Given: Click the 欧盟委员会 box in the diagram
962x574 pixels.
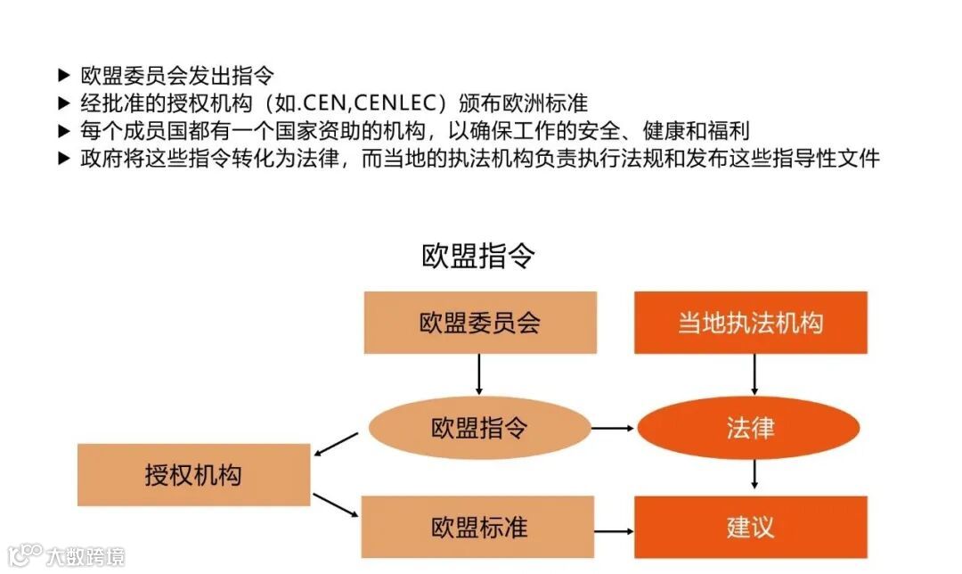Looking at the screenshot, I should click(480, 323).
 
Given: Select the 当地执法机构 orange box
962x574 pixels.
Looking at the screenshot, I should click(750, 323).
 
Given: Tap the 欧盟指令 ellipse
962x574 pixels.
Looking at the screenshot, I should click(480, 428).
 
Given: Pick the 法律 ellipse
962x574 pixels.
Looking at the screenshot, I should click(749, 428).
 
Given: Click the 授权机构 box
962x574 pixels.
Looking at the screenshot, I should click(193, 474).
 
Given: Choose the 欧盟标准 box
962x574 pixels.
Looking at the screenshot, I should click(478, 527).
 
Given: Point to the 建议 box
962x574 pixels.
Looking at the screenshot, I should click(750, 527).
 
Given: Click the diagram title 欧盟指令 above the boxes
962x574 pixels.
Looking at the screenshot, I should click(478, 257).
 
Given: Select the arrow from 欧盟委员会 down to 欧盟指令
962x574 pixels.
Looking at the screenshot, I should click(479, 374).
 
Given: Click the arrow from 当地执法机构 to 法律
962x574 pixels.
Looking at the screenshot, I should click(754, 374).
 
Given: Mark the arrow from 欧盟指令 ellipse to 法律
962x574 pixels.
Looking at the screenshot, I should click(613, 429).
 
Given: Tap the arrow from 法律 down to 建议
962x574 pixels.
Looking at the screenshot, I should click(754, 473).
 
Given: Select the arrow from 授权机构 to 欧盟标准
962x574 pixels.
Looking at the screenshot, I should click(335, 504).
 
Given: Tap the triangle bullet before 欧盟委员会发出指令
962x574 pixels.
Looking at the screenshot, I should click(63, 75).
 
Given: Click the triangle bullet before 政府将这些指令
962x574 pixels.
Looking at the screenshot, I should click(63, 159).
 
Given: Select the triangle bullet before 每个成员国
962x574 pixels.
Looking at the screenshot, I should click(63, 131).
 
